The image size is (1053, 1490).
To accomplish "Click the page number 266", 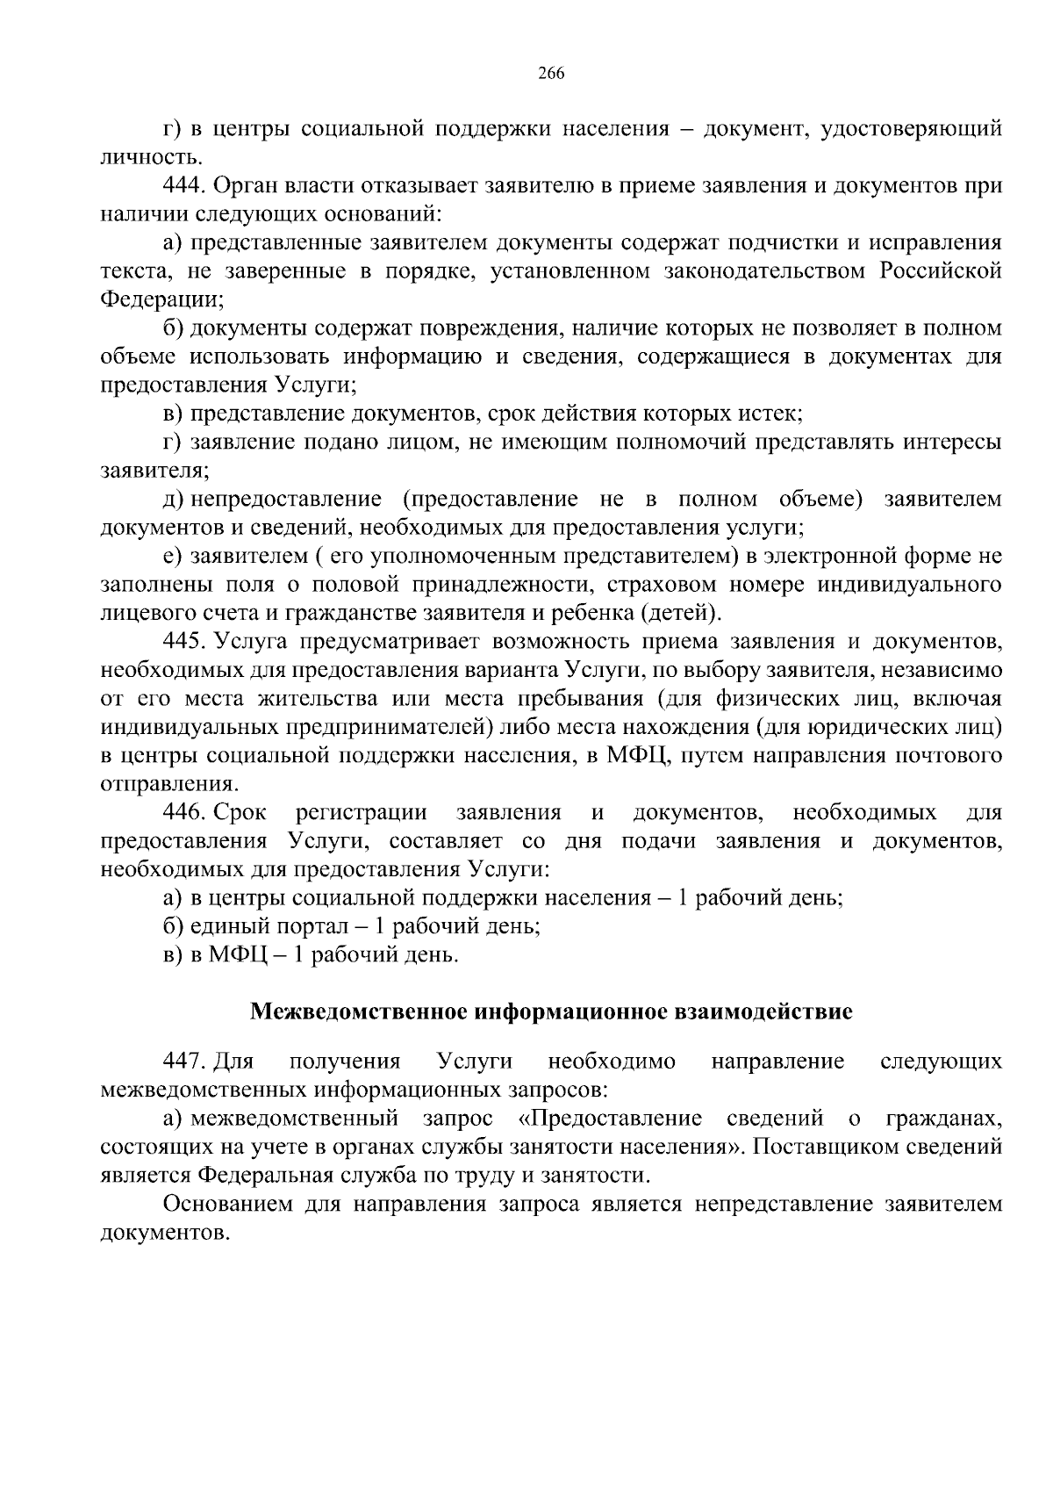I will coord(550,73).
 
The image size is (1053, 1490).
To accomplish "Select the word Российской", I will coord(941,270).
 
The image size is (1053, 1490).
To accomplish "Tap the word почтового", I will coord(949,755).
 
